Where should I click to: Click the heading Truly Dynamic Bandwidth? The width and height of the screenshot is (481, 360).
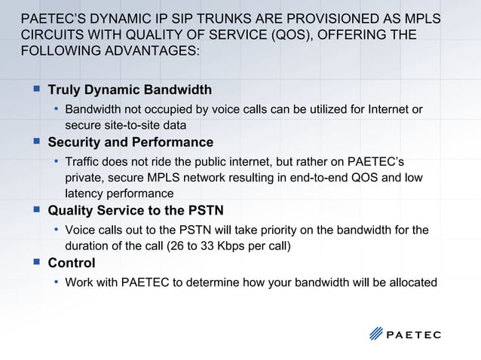tap(130, 90)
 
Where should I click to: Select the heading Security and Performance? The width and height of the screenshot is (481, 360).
tap(130, 142)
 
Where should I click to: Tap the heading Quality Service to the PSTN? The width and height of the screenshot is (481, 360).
tap(136, 210)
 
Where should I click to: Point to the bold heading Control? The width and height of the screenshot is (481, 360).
tap(72, 263)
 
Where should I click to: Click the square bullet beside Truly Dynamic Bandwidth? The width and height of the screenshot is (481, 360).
tap(35, 89)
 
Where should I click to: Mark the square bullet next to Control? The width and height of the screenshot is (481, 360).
tap(35, 262)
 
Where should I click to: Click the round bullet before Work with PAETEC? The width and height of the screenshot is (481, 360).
tap(56, 282)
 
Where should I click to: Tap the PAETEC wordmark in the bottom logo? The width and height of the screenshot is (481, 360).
tap(414, 334)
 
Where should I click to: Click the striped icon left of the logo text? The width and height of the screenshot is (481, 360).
tap(376, 334)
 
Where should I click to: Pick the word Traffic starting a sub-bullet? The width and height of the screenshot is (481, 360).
tap(84, 161)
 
